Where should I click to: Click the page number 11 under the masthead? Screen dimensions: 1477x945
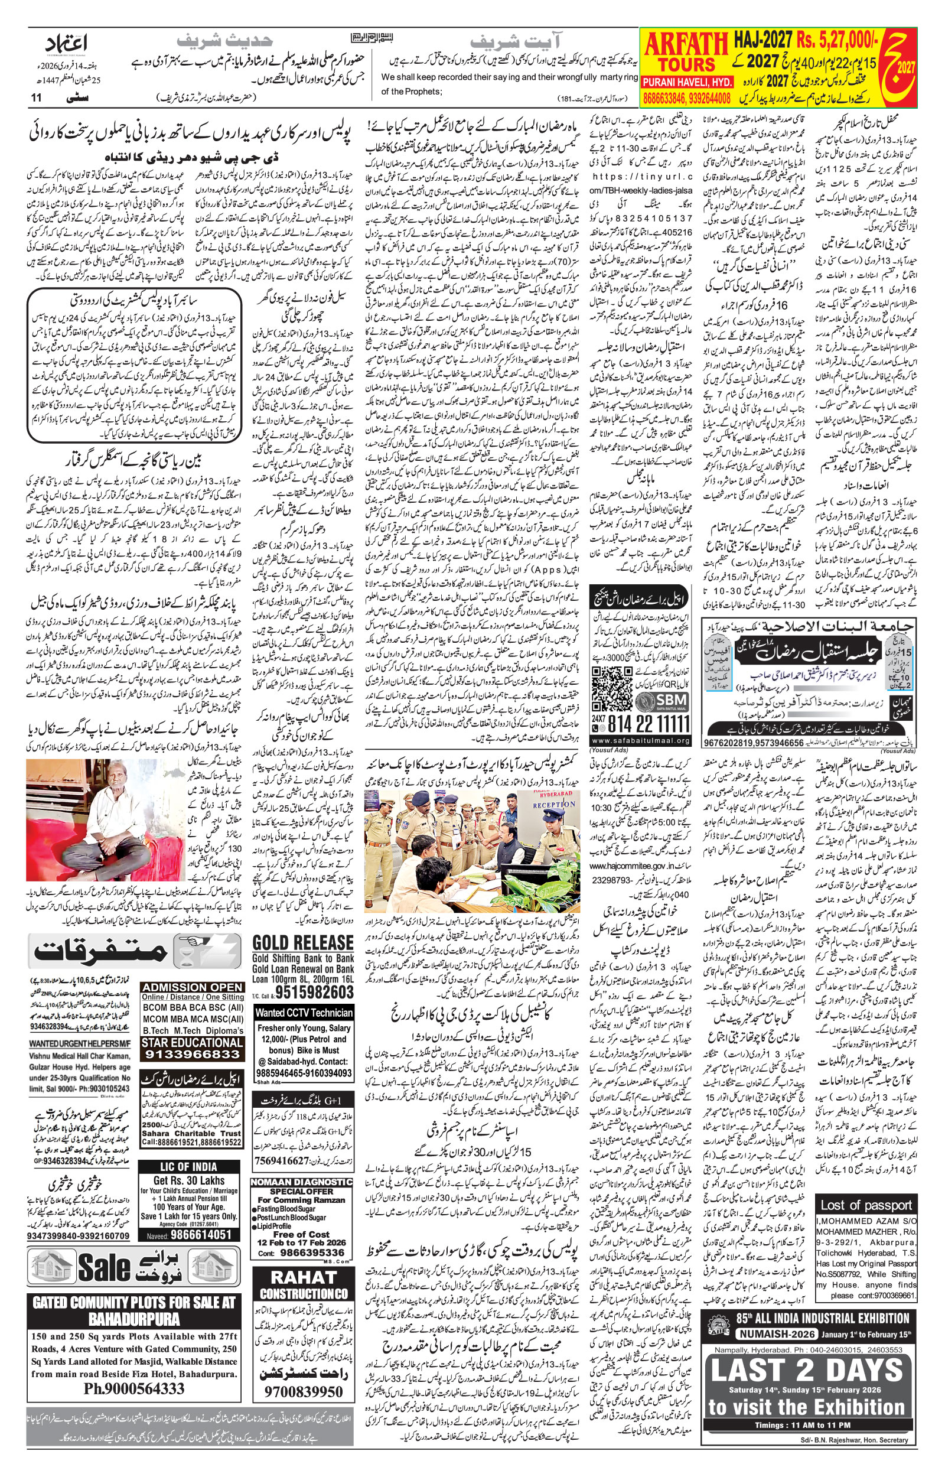click(36, 97)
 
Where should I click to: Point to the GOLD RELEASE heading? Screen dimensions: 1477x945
click(302, 943)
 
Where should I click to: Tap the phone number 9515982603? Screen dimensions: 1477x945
click(314, 992)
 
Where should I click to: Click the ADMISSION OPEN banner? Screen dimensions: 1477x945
click(192, 987)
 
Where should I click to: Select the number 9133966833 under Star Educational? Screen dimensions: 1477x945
click(192, 1054)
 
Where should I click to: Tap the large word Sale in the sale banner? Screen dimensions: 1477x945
click(105, 1266)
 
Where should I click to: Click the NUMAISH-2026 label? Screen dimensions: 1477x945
click(777, 1334)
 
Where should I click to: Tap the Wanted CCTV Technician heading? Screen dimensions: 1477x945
click(304, 1013)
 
